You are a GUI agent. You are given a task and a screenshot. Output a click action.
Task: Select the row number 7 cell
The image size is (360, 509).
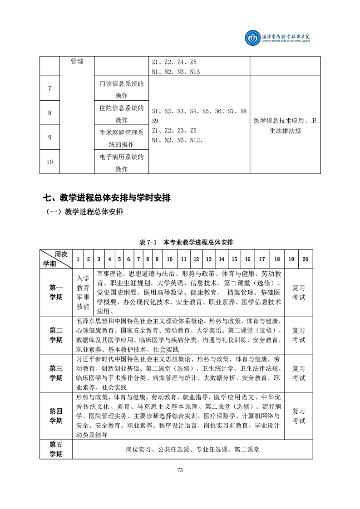[49, 88]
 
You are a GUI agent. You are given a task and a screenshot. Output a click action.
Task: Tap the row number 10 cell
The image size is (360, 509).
[49, 162]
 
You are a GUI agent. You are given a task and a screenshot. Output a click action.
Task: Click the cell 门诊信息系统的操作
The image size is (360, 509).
[121, 89]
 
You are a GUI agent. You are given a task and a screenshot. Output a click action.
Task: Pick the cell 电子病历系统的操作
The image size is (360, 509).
[121, 162]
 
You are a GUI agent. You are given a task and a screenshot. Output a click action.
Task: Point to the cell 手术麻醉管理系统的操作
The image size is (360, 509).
[121, 138]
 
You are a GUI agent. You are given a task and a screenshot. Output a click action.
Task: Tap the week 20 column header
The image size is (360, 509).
[305, 259]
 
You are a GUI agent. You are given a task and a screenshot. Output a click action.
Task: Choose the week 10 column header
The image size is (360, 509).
[169, 259]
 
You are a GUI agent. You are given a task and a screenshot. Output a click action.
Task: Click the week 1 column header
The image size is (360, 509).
[78, 259]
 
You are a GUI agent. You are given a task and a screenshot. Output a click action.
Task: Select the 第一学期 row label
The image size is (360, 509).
[56, 292]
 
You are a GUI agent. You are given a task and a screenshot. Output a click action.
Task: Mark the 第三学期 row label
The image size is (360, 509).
[56, 373]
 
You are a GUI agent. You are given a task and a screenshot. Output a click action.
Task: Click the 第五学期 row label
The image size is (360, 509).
[56, 449]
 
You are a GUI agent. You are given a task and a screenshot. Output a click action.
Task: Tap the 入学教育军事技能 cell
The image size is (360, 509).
[83, 292]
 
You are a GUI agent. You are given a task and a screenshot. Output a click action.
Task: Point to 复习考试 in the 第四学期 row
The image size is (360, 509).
[298, 416]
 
